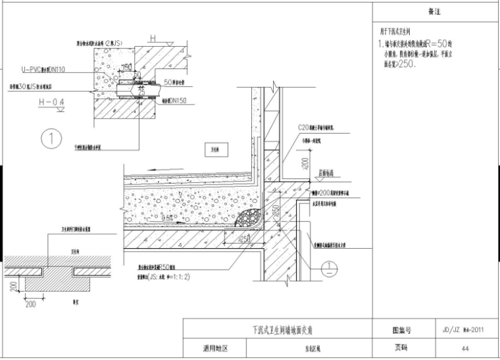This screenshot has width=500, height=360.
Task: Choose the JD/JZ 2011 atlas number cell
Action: [x=464, y=330]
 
